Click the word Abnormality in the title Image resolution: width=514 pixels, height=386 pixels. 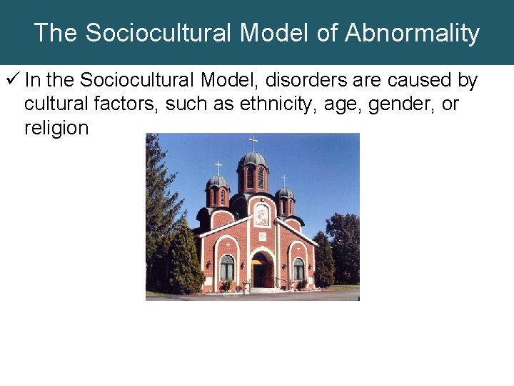tap(413, 33)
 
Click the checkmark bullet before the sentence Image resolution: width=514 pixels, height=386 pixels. tap(14, 81)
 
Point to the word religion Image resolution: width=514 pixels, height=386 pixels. tap(56, 129)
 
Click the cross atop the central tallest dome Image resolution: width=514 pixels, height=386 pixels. tap(253, 142)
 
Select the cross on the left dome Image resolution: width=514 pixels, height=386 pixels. tap(218, 167)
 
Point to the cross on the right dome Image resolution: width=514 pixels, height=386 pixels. tap(284, 180)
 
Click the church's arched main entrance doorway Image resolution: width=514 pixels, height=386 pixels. tap(261, 270)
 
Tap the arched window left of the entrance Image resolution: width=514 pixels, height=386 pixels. tap(227, 267)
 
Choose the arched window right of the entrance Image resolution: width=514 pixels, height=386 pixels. tap(298, 269)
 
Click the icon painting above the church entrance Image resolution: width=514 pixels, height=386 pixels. tap(262, 214)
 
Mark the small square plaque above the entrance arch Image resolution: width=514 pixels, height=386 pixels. tap(262, 236)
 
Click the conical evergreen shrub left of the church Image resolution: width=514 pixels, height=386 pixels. tap(184, 261)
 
